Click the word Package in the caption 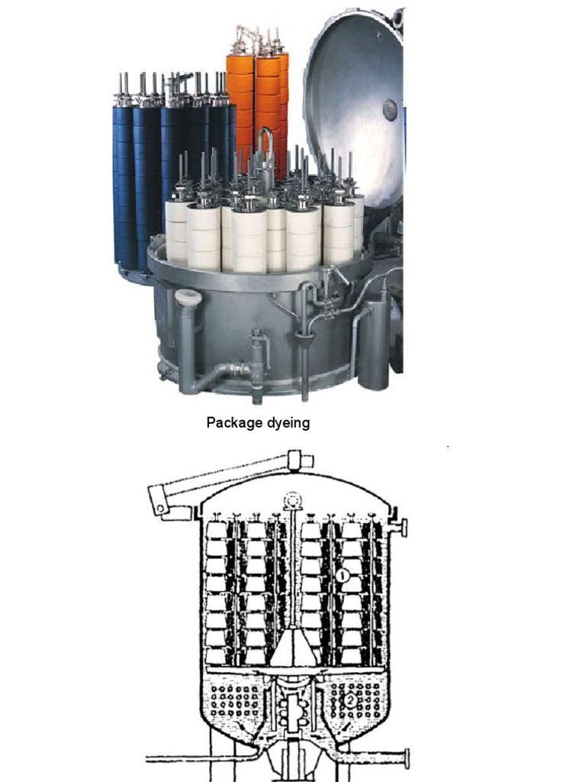tap(232, 422)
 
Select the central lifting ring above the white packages tap(266, 145)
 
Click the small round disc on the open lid tap(389, 107)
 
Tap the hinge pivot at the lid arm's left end tap(159, 506)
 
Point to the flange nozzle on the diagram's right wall tap(401, 527)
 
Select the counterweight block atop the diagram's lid tap(300, 460)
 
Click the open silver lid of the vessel tap(355, 99)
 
